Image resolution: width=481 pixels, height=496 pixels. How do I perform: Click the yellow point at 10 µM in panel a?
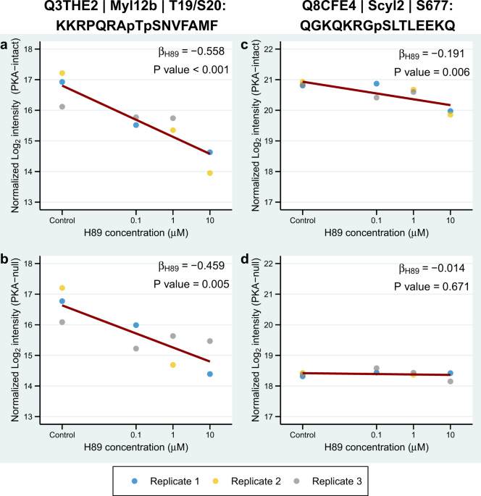point(210,173)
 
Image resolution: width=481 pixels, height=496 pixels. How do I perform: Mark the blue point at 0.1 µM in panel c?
point(377,84)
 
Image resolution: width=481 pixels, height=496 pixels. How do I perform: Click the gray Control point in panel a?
point(62,106)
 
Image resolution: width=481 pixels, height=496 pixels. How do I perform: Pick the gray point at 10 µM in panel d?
point(450,382)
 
